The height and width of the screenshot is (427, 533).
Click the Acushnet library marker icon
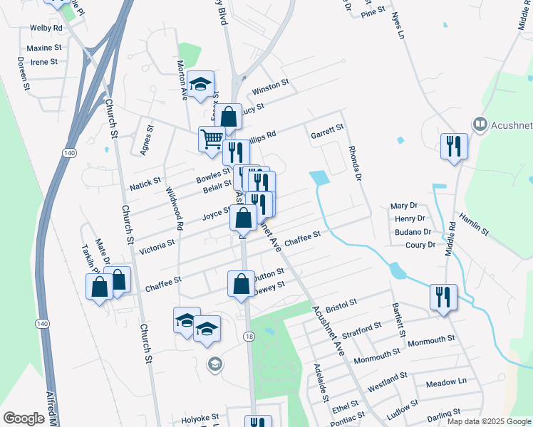pos(479,125)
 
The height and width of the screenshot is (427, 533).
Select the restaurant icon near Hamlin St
pos(453,147)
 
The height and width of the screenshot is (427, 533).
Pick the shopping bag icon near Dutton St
pos(241,283)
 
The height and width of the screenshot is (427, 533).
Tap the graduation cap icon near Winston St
pos(202,84)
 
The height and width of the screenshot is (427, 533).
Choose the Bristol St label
pos(341,306)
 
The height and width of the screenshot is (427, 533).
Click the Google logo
pos(24,418)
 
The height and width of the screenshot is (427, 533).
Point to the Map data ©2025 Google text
pos(487,421)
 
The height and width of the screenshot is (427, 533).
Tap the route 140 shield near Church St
pos(69,153)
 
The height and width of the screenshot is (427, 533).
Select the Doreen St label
pos(22,75)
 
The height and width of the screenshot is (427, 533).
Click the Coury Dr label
pos(420,245)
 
